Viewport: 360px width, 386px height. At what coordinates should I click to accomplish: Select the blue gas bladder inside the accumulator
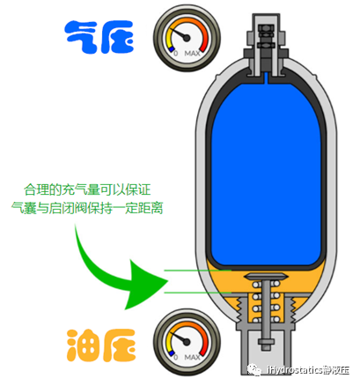263,167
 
